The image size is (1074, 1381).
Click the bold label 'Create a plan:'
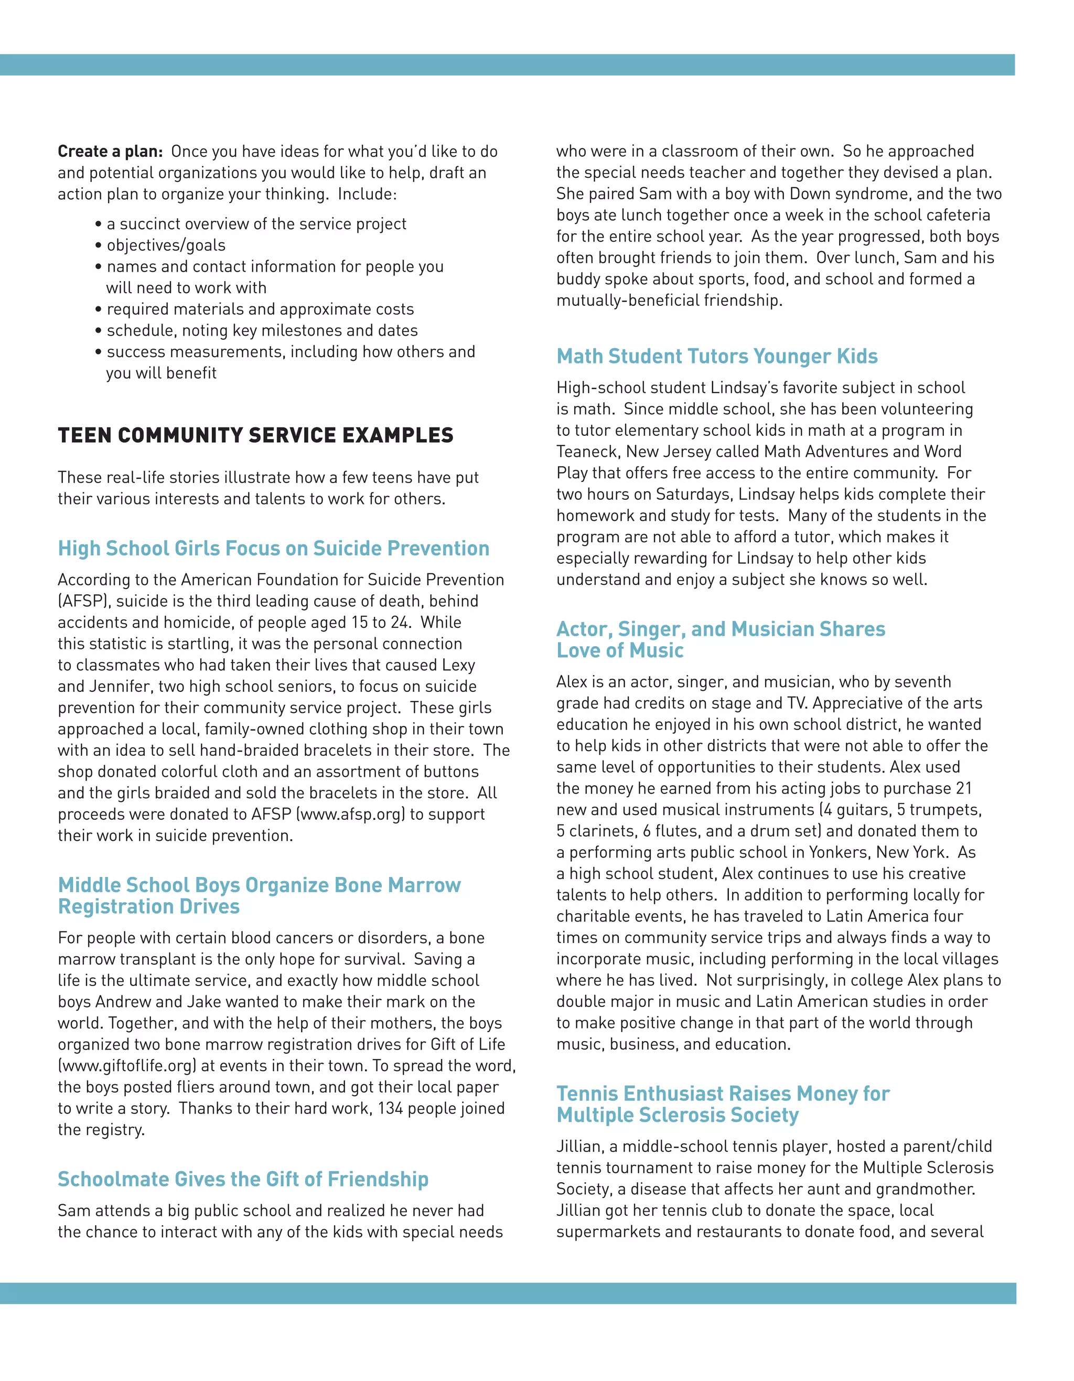[x=110, y=152]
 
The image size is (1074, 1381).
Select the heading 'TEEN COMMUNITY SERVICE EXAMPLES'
[x=255, y=436]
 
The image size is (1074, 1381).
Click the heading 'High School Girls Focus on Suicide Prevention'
[x=273, y=548]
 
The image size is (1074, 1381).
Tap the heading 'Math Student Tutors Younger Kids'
[x=716, y=357]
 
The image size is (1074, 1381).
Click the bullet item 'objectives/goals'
[x=166, y=245]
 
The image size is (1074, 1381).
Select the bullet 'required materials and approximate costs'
[x=260, y=309]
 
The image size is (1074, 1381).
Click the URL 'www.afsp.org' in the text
[x=351, y=815]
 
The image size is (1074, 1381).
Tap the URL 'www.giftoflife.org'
[x=127, y=1066]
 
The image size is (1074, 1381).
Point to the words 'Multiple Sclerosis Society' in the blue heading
[x=677, y=1116]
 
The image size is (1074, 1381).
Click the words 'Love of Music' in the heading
[x=619, y=651]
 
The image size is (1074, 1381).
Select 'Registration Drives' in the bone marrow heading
[x=148, y=907]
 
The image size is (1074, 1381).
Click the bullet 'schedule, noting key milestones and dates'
[x=262, y=331]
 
